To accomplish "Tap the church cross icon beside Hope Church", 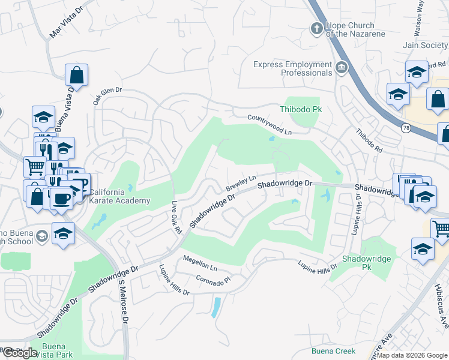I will pyautogui.click(x=316, y=28).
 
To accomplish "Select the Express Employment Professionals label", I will pyautogui.click(x=292, y=68).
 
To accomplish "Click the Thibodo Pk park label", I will pyautogui.click(x=301, y=109).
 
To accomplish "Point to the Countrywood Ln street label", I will pyautogui.click(x=270, y=123).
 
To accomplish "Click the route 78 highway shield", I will pyautogui.click(x=406, y=128).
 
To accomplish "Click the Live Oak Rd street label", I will pyautogui.click(x=176, y=217).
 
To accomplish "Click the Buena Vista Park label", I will pyautogui.click(x=57, y=350).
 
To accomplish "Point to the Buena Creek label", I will pyautogui.click(x=333, y=351).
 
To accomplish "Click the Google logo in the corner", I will pyautogui.click(x=19, y=353).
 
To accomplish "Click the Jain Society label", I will pyautogui.click(x=427, y=45).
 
